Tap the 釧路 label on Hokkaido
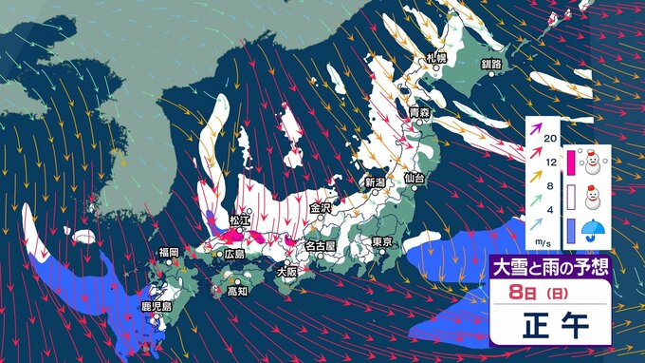491,64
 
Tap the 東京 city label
383,241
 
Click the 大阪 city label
286,271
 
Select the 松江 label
238,220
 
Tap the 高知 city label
238,292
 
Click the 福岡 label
169,252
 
